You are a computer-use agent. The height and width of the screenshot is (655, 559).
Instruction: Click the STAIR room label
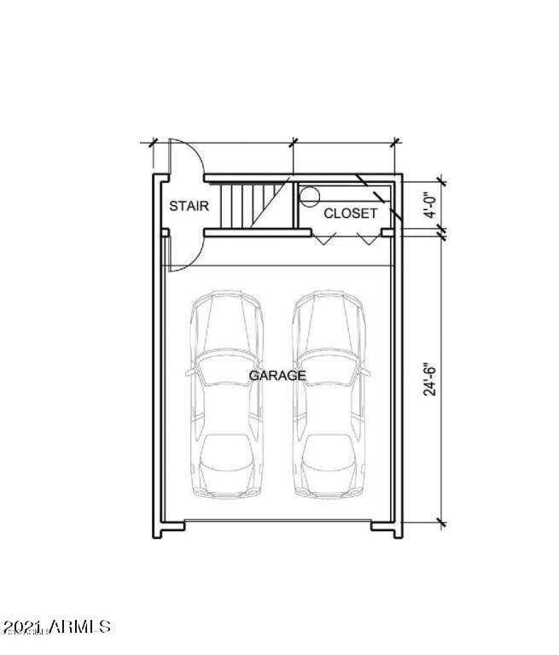189,206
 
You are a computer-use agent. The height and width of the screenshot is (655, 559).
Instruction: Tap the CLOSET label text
350,213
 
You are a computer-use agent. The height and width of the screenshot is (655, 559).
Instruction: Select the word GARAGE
277,376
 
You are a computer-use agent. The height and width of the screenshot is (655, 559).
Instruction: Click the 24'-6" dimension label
429,378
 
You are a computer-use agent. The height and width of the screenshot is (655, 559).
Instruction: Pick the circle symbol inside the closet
310,196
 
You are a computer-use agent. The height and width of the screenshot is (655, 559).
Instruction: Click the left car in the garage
227,394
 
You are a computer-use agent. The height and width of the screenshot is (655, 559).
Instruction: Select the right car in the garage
329,394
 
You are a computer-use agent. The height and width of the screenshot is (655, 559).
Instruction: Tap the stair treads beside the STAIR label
253,206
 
